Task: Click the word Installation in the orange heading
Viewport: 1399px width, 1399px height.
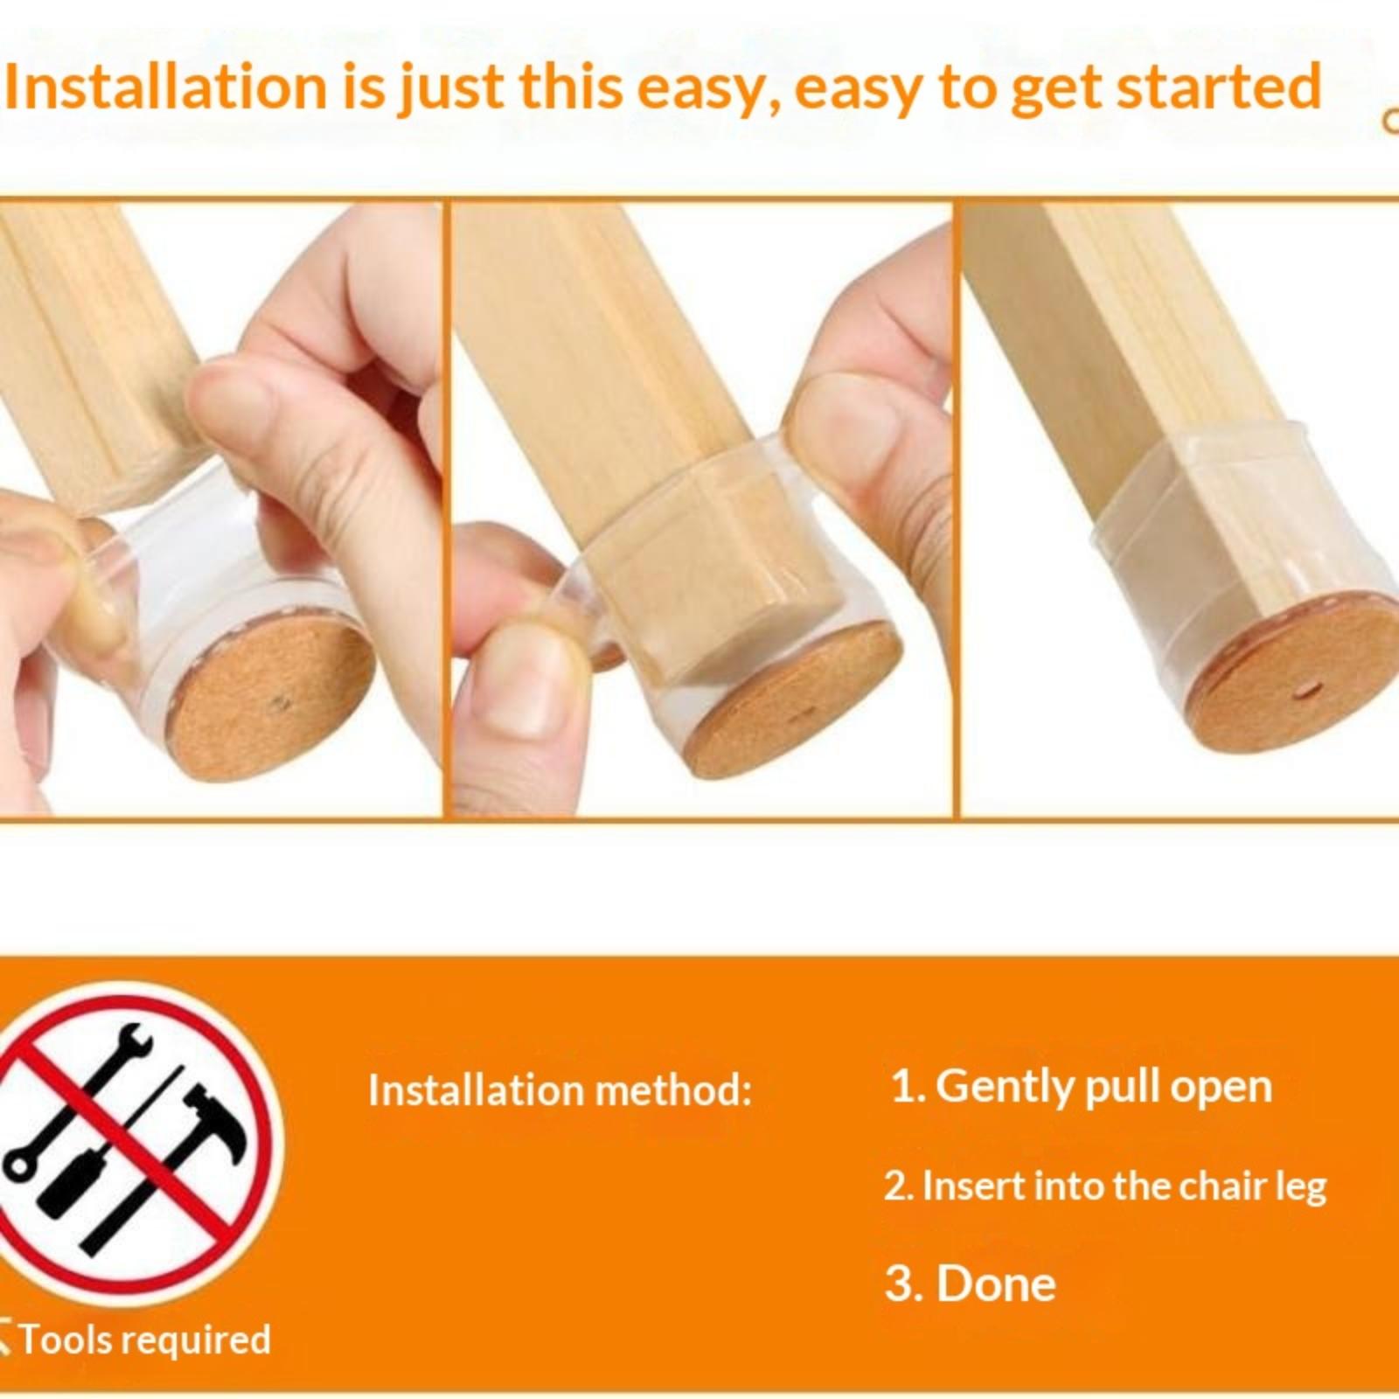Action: (x=165, y=87)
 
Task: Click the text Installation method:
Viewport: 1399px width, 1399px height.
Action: (x=560, y=1090)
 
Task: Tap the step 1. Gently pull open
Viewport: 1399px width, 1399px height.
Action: (x=1081, y=1087)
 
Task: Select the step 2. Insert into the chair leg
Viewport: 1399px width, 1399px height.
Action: (x=1105, y=1187)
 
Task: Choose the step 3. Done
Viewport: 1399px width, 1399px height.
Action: (x=970, y=1284)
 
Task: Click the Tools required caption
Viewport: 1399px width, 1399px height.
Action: (x=140, y=1340)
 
